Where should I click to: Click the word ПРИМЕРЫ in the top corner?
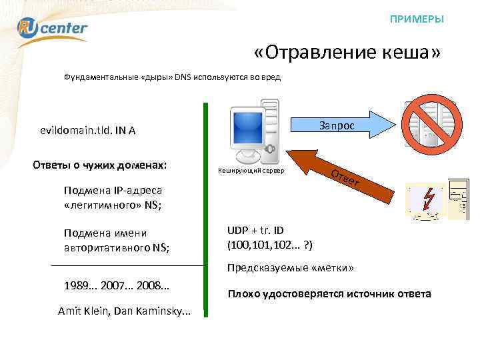click(417, 19)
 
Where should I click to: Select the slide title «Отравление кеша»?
click(347, 53)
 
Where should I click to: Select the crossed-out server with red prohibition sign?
click(430, 125)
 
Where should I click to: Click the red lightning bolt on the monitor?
click(427, 199)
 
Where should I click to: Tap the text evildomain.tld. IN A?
click(88, 131)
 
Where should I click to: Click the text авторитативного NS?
click(117, 248)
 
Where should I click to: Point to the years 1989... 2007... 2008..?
click(117, 285)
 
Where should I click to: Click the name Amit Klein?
click(83, 311)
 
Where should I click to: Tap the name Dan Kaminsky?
click(153, 311)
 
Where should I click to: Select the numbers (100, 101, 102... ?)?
click(270, 245)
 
